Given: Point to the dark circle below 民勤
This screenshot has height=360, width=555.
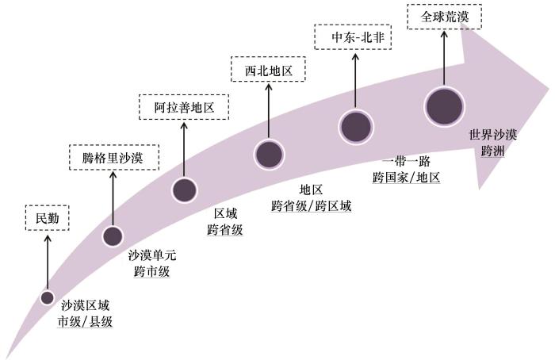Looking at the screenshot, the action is [x=48, y=297].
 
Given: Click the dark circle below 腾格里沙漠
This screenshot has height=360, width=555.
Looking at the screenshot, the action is [x=113, y=236].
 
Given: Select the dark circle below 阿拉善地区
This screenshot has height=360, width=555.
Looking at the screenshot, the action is [x=184, y=190].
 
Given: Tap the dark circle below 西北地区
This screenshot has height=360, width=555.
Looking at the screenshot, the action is [x=269, y=155].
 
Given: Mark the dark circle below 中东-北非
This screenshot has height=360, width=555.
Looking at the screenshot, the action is [x=356, y=127].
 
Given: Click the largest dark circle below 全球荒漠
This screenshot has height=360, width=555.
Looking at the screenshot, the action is [x=445, y=107].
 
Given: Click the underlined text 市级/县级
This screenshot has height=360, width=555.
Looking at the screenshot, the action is [x=86, y=321].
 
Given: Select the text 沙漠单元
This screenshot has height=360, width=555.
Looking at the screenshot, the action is [x=152, y=255].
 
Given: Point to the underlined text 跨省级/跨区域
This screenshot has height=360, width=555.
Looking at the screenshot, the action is [x=311, y=205].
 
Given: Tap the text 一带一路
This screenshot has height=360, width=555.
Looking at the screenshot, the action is [x=406, y=162].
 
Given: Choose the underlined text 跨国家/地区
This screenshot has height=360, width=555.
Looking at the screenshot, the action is [x=406, y=177].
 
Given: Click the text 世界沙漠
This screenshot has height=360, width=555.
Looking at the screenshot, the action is [x=493, y=135].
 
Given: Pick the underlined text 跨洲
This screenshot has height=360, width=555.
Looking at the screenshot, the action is [x=492, y=151].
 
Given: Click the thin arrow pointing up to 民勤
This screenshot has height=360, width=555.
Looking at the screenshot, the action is [x=48, y=262].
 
